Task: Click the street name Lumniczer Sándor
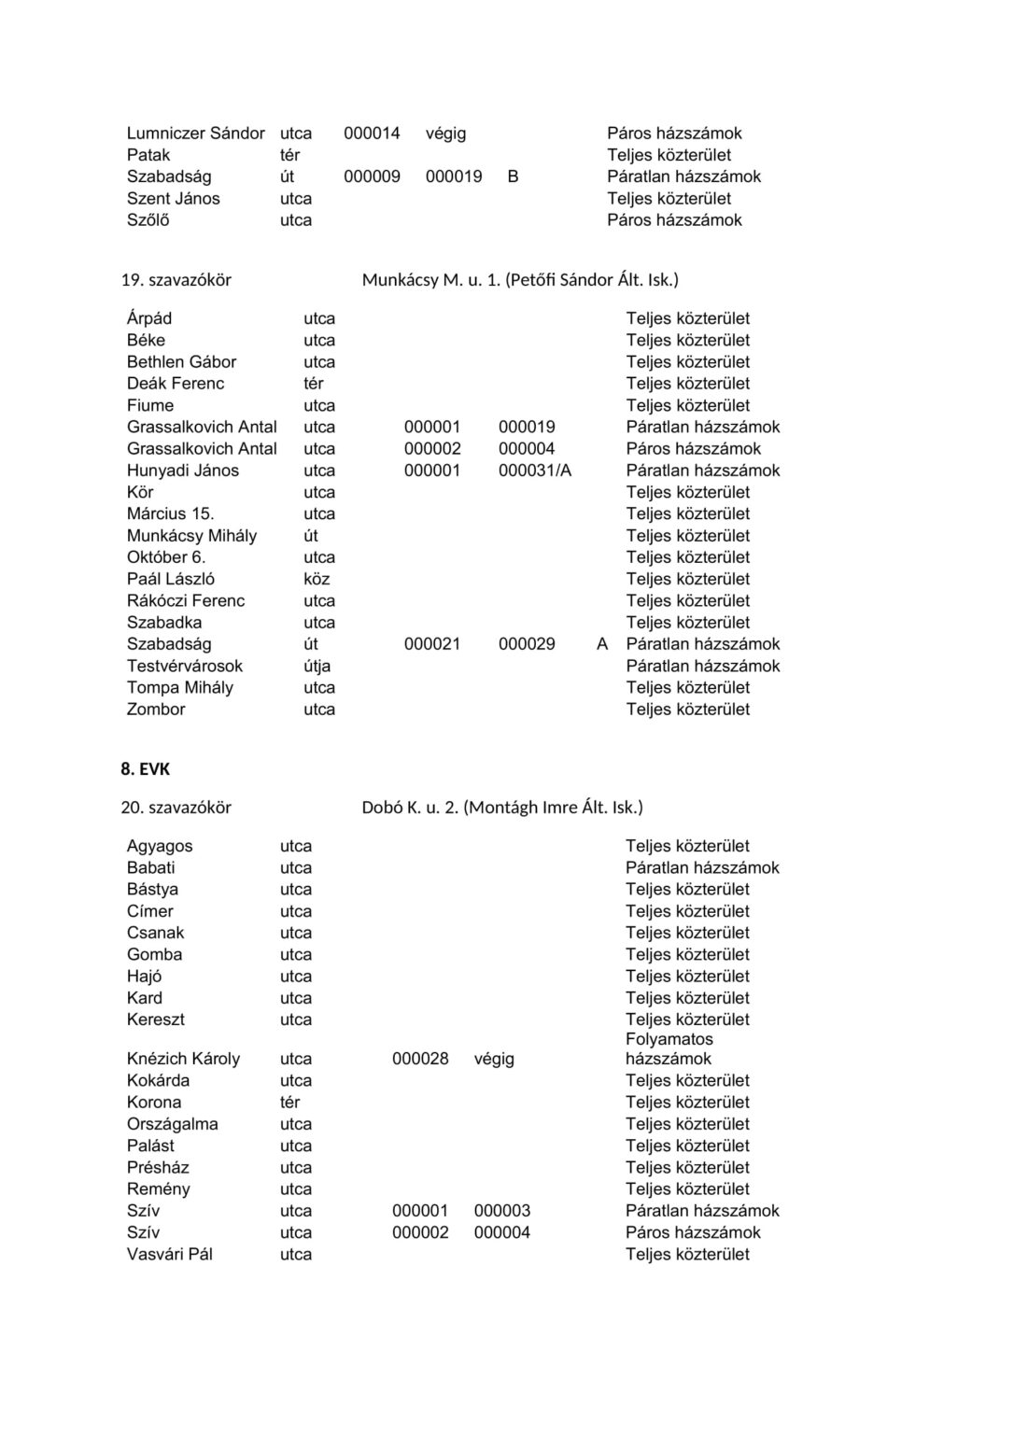(x=196, y=134)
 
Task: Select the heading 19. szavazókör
(x=176, y=280)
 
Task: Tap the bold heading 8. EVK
(x=145, y=769)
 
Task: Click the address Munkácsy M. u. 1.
(x=430, y=280)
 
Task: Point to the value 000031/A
(x=535, y=471)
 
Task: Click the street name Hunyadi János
(x=183, y=471)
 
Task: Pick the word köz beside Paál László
(x=317, y=579)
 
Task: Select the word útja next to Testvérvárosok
(x=317, y=666)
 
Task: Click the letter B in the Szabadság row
(x=513, y=176)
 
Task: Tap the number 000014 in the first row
(x=372, y=134)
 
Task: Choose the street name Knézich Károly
(x=183, y=1059)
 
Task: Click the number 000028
(x=420, y=1059)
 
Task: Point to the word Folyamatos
(x=669, y=1039)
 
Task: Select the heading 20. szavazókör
(x=176, y=808)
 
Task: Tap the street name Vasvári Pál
(x=170, y=1254)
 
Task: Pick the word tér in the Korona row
(x=290, y=1102)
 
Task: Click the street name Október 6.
(x=166, y=557)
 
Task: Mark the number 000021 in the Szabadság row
(x=432, y=644)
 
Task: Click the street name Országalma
(x=173, y=1124)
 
